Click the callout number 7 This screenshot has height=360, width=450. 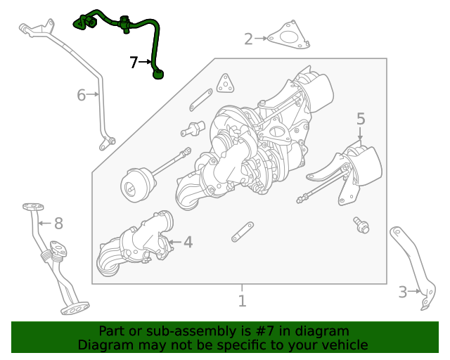click(134, 63)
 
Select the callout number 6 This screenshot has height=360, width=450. click(81, 94)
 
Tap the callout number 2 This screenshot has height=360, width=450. click(248, 39)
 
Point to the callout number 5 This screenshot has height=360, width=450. click(361, 119)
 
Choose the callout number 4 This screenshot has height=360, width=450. click(188, 243)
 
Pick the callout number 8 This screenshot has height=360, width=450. click(58, 224)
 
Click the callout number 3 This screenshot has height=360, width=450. click(403, 292)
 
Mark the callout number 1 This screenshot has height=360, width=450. click(242, 301)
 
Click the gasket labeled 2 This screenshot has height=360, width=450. click(289, 37)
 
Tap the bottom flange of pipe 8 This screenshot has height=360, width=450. click(75, 308)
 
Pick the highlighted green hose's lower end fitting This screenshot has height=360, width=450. click(158, 73)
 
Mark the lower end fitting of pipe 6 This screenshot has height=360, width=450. click(106, 143)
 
